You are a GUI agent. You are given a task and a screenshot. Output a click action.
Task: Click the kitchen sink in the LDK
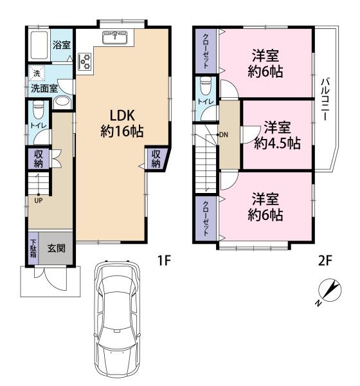click(114, 37)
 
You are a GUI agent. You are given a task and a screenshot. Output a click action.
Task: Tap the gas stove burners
click(85, 61)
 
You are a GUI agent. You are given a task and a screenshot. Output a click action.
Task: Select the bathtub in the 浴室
click(39, 45)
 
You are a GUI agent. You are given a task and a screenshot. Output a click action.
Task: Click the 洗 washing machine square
click(37, 73)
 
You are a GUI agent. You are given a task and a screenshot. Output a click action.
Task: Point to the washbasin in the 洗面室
click(62, 101)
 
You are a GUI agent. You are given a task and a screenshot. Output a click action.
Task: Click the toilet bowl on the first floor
click(38, 109)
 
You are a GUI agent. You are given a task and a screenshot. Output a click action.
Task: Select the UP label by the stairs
click(39, 200)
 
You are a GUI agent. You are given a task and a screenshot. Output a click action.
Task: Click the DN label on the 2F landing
click(224, 134)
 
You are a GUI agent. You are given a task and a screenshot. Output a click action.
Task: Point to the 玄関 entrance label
click(57, 248)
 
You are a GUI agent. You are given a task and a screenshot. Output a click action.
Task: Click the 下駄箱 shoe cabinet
click(33, 248)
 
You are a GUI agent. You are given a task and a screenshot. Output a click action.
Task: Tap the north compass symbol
click(330, 291)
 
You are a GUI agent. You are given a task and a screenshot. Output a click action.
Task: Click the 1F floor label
click(164, 260)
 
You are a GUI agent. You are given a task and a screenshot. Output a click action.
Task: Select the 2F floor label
click(325, 261)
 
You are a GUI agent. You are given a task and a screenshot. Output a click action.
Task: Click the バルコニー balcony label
click(325, 99)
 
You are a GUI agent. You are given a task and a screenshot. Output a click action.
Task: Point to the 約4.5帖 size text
click(277, 143)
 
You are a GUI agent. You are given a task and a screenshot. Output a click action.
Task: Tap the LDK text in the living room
click(122, 115)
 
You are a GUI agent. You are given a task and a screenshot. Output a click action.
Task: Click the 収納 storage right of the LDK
click(156, 159)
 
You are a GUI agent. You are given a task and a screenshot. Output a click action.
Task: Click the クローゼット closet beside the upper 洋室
click(206, 51)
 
